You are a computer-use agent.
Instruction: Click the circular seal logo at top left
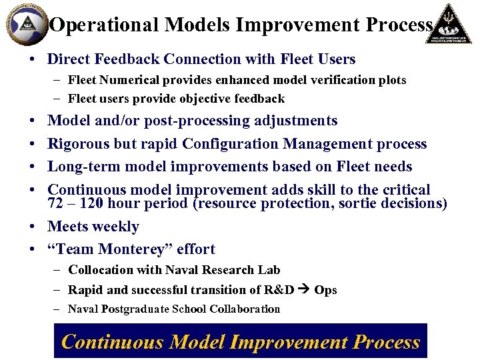tap(26, 24)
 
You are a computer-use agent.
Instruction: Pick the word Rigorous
tap(80, 144)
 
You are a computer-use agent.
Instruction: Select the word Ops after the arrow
tap(325, 290)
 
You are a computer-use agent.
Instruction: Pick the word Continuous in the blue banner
tap(112, 342)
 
